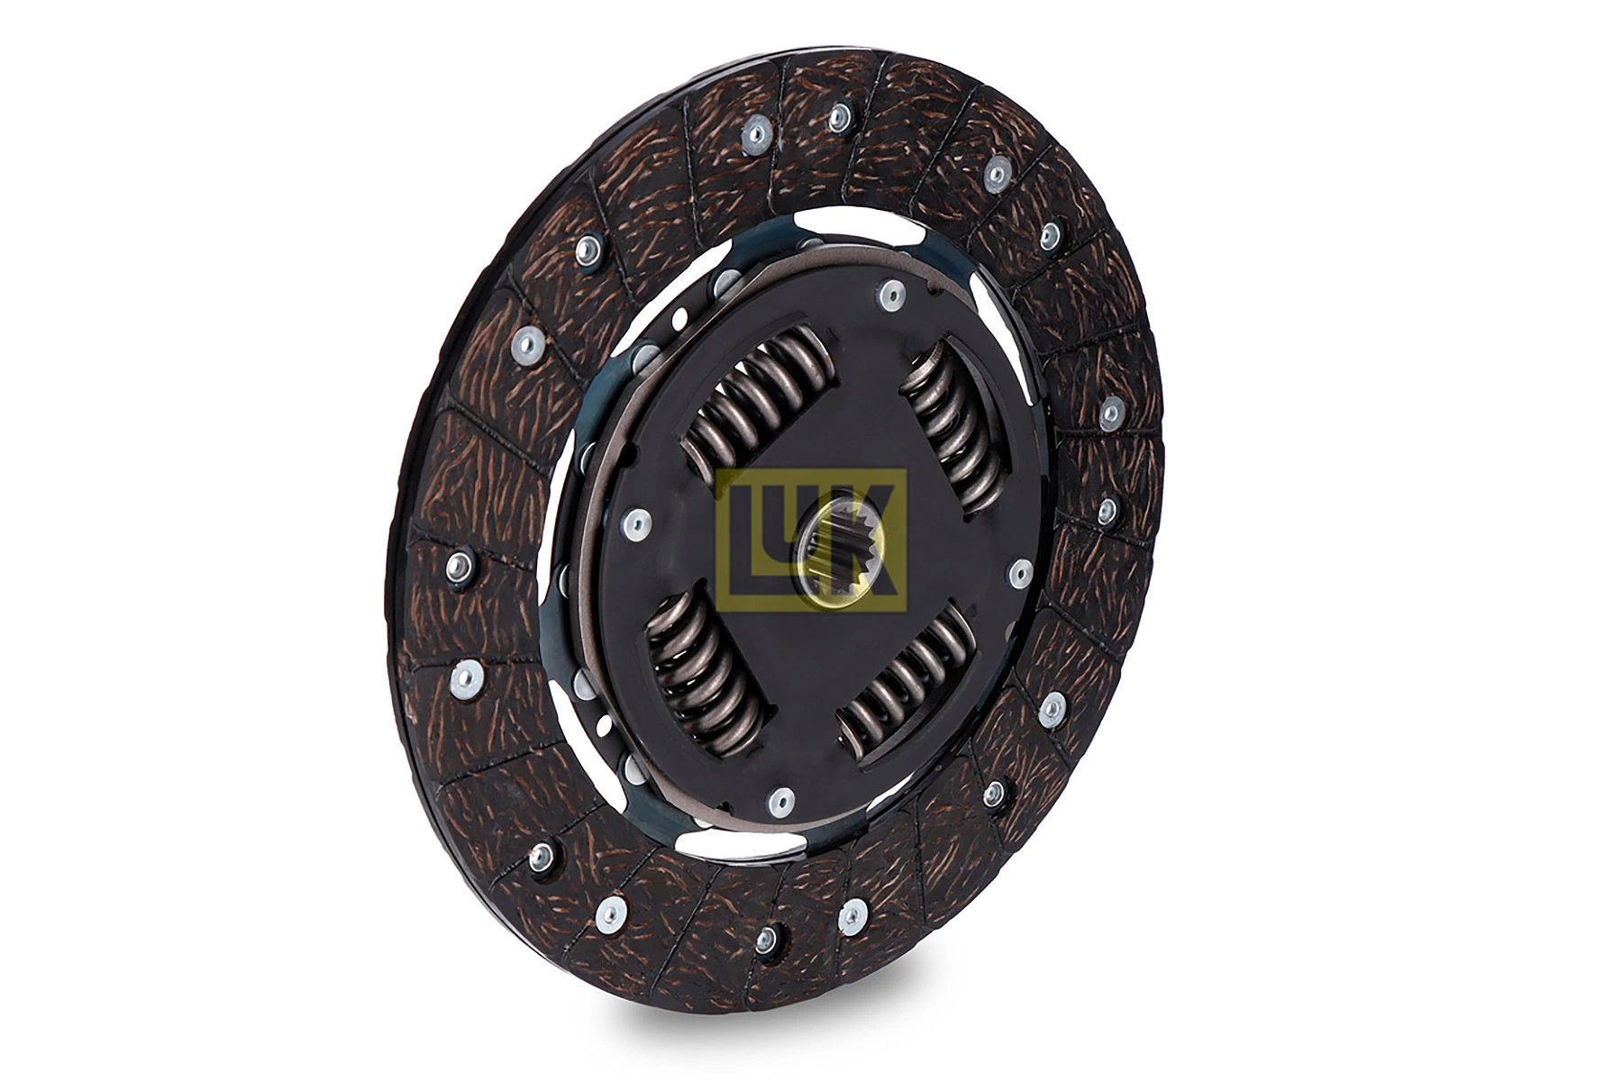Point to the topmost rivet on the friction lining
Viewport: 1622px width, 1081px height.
tap(840, 114)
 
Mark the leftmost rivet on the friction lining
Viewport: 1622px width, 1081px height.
tap(459, 566)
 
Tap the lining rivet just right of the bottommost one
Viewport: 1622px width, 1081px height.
tap(849, 918)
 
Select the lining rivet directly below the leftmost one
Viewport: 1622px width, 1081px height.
tap(466, 676)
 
